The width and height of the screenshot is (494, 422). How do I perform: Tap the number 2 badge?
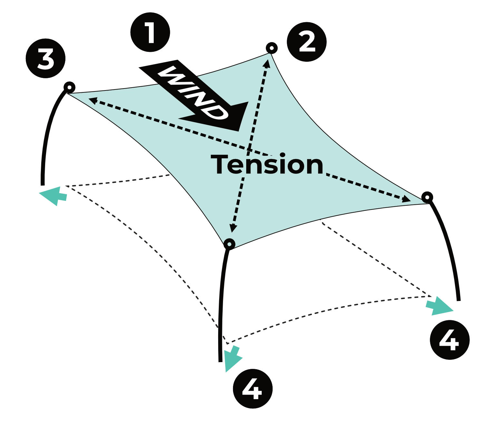pos(307,42)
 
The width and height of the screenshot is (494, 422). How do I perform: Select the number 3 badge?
pos(45,60)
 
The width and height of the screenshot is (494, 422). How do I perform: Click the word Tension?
pos(267,165)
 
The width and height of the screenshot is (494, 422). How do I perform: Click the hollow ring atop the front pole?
pos(229,244)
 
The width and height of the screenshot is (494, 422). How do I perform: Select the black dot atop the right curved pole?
pos(427,197)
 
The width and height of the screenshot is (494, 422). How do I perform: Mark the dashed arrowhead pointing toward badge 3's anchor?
pos(93,100)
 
